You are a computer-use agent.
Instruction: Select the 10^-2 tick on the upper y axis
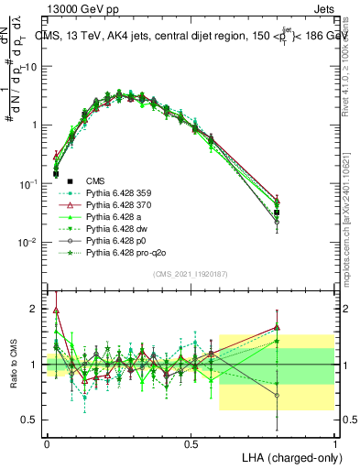[31, 242]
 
